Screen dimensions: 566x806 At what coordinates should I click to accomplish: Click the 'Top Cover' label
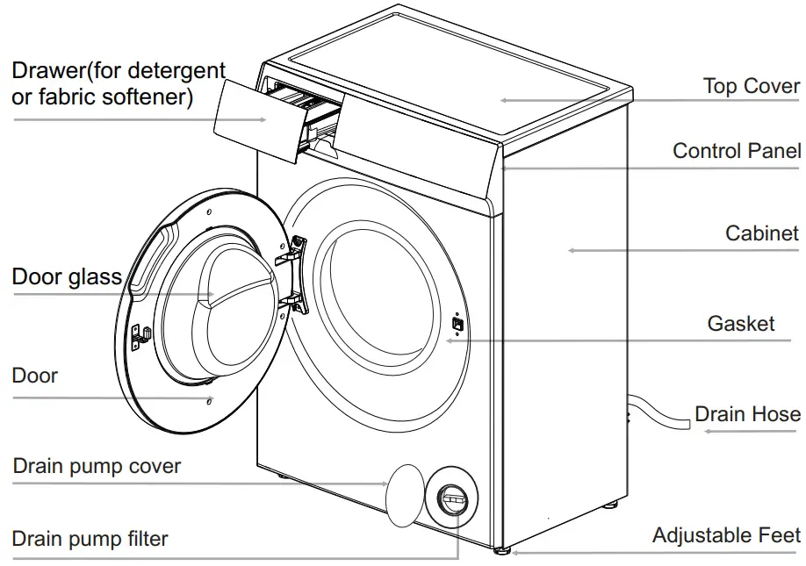(751, 86)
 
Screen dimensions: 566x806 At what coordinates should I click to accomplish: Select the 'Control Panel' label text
(736, 151)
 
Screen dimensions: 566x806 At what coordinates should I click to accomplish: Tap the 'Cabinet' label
(761, 233)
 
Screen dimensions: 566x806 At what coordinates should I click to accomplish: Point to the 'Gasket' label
(740, 324)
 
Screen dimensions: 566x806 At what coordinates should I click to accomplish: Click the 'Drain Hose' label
(746, 413)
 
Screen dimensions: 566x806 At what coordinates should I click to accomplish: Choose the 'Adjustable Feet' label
(725, 535)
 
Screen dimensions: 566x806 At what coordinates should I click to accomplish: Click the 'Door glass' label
(66, 277)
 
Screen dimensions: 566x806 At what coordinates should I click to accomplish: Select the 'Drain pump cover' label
(97, 466)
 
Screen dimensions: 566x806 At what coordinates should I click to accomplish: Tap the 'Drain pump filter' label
(90, 538)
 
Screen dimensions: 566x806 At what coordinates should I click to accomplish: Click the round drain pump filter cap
(452, 498)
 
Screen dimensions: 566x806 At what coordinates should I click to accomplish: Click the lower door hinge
(294, 303)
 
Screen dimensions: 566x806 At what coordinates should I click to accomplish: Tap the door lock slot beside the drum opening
(457, 323)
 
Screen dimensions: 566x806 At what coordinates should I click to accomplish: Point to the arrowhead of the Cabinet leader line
(571, 250)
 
